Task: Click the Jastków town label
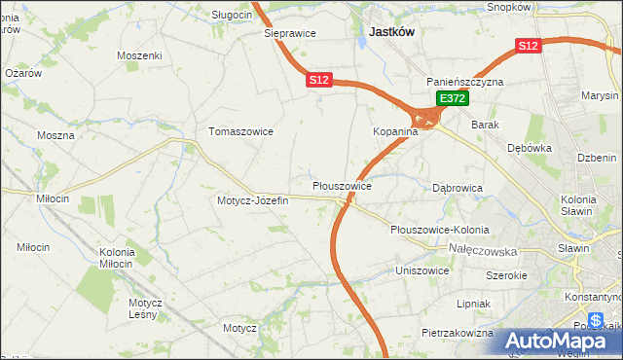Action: point(392,31)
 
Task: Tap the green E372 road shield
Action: point(453,98)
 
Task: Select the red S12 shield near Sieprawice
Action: point(320,81)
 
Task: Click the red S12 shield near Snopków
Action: point(528,45)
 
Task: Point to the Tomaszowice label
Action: point(240,130)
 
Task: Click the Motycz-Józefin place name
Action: point(253,200)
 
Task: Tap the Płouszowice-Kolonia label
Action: point(438,230)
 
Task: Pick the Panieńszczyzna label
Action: point(464,82)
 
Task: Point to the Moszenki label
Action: point(138,55)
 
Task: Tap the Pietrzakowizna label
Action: point(457,333)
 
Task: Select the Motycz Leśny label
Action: point(145,307)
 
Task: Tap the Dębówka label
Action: point(530,148)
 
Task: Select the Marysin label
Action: point(600,96)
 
